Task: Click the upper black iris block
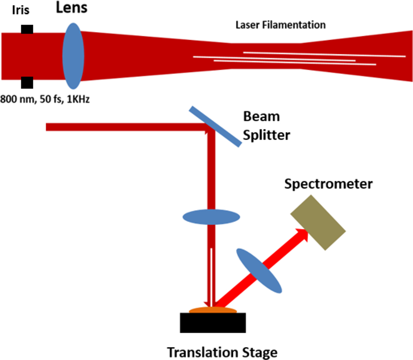click(x=27, y=29)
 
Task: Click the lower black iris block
click(x=27, y=83)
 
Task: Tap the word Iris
click(x=21, y=10)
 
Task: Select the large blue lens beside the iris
click(x=73, y=56)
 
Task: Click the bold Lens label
click(x=72, y=7)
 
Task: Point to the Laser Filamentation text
click(x=280, y=25)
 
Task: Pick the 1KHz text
click(x=78, y=99)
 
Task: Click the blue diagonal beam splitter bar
click(x=215, y=126)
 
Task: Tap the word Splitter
click(x=266, y=136)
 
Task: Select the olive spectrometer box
click(x=318, y=222)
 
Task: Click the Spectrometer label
click(x=328, y=184)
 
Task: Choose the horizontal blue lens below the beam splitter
click(x=211, y=217)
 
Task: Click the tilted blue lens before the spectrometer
click(x=259, y=271)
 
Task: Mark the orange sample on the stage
click(x=213, y=310)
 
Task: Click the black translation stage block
click(x=213, y=323)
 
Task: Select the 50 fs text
click(x=51, y=99)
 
